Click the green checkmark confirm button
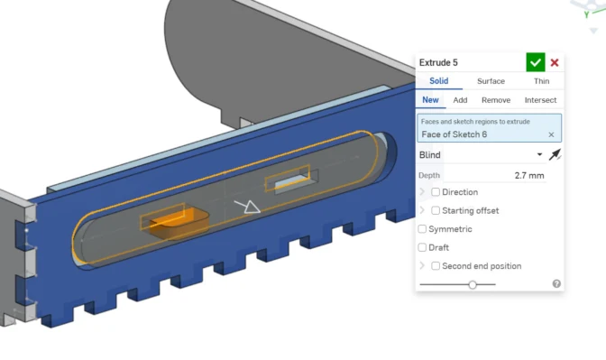pyautogui.click(x=536, y=62)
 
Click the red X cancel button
pyautogui.click(x=555, y=62)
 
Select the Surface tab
pyautogui.click(x=491, y=81)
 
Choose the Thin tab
pyautogui.click(x=541, y=81)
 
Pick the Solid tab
pyautogui.click(x=438, y=81)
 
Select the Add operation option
pyautogui.click(x=460, y=100)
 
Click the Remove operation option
pyautogui.click(x=496, y=100)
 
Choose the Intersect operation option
pyautogui.click(x=540, y=100)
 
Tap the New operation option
pyautogui.click(x=430, y=100)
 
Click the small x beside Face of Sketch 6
pyautogui.click(x=551, y=134)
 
